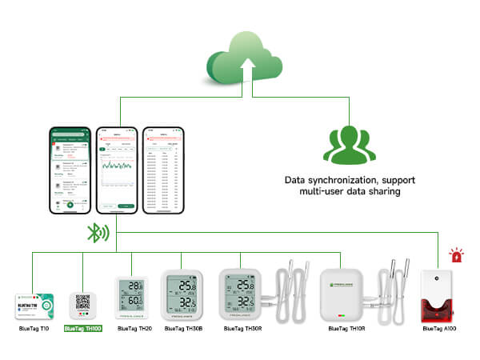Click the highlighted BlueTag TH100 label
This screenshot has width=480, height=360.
pyautogui.click(x=83, y=328)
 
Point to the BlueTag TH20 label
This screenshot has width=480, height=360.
pyautogui.click(x=134, y=328)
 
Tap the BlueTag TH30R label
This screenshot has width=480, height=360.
pyautogui.click(x=242, y=328)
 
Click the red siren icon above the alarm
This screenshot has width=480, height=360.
pyautogui.click(x=456, y=257)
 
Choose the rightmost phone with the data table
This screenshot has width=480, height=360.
pyautogui.click(x=162, y=170)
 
